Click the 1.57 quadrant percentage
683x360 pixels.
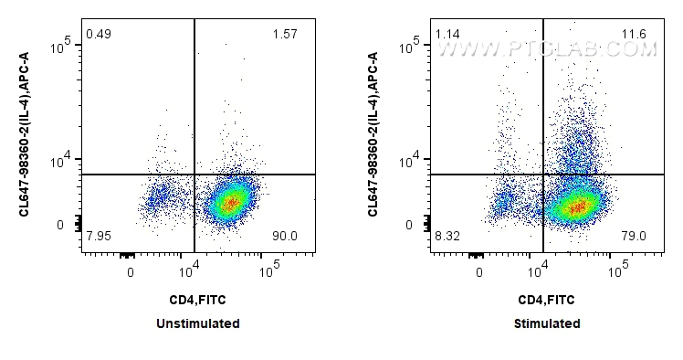click(x=285, y=35)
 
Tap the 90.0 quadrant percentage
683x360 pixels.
click(x=285, y=237)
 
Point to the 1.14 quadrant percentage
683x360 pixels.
click(x=447, y=35)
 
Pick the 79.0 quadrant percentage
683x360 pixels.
click(x=634, y=237)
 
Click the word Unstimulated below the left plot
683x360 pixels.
click(x=198, y=323)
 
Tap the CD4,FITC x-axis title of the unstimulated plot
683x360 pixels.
click(x=198, y=299)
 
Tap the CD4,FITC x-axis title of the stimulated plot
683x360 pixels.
click(x=546, y=299)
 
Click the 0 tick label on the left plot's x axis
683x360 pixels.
click(x=131, y=272)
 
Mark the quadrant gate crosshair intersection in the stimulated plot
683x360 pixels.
click(x=543, y=174)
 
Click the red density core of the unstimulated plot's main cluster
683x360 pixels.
click(x=232, y=202)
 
